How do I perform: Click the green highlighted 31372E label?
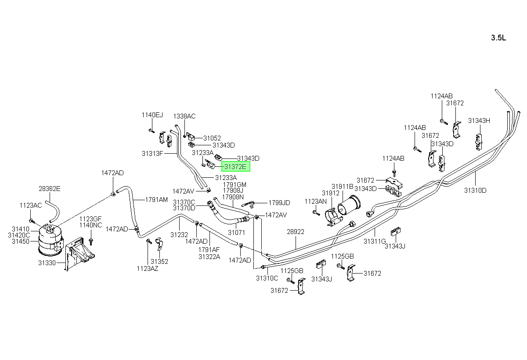(235, 167)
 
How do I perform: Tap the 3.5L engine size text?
(498, 38)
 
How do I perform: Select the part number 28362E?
(49, 189)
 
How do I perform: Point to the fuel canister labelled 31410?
(51, 240)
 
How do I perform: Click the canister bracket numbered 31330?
(79, 253)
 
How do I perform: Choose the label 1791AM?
(156, 200)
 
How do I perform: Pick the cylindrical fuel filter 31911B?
(349, 205)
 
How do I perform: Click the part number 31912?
(331, 193)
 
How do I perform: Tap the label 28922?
(296, 232)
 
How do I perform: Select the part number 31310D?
(475, 190)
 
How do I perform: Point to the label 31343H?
(479, 121)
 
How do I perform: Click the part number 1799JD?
(279, 203)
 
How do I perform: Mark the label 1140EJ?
(152, 115)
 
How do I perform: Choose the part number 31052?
(212, 138)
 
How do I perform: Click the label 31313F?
(152, 154)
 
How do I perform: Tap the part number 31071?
(236, 233)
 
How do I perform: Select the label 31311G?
(375, 241)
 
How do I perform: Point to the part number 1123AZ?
(148, 269)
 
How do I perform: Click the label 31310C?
(267, 278)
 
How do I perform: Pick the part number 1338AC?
(184, 116)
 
